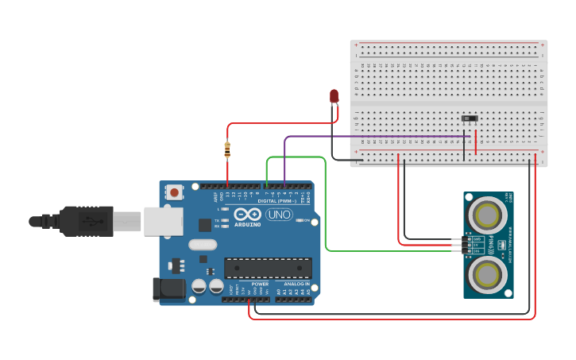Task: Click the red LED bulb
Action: pyautogui.click(x=334, y=96)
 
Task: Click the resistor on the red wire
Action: pyautogui.click(x=228, y=148)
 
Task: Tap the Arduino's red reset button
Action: pyautogui.click(x=174, y=192)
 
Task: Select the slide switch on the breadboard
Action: pyautogui.click(x=470, y=119)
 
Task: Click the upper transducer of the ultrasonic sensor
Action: pyautogui.click(x=485, y=213)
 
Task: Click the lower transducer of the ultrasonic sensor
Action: pyautogui.click(x=485, y=274)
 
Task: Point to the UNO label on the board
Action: pyautogui.click(x=279, y=215)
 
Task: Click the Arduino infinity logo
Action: pyautogui.click(x=247, y=215)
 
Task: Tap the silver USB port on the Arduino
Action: pyautogui.click(x=163, y=221)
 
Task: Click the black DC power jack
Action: pyautogui.click(x=168, y=288)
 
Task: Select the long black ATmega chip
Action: pyautogui.click(x=268, y=268)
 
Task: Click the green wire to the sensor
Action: pyautogui.click(x=326, y=207)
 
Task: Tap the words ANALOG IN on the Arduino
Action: pyautogui.click(x=297, y=284)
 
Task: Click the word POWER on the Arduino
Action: pyautogui.click(x=260, y=284)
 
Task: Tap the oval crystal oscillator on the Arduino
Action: pyautogui.click(x=203, y=245)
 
